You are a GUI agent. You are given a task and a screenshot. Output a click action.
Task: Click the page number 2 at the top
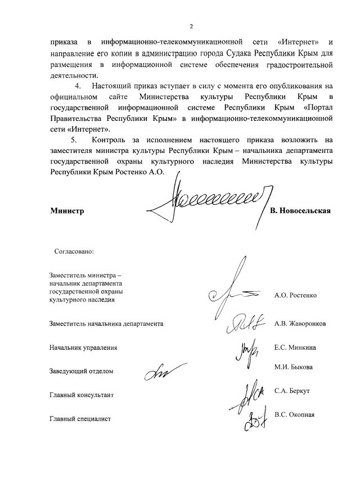(191, 26)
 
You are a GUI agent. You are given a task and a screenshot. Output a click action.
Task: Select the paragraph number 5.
(73, 140)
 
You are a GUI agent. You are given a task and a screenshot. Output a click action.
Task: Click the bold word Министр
(66, 211)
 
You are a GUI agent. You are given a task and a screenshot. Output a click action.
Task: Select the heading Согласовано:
(73, 251)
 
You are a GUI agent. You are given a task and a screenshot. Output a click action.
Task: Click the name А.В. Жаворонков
(300, 324)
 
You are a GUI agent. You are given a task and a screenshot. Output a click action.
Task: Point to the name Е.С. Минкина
(295, 347)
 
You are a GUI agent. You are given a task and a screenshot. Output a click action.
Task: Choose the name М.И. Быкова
(293, 367)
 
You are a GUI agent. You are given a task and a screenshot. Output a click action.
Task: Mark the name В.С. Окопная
(294, 415)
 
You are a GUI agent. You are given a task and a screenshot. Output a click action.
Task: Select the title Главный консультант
(82, 395)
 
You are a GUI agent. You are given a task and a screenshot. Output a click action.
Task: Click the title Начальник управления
(83, 348)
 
